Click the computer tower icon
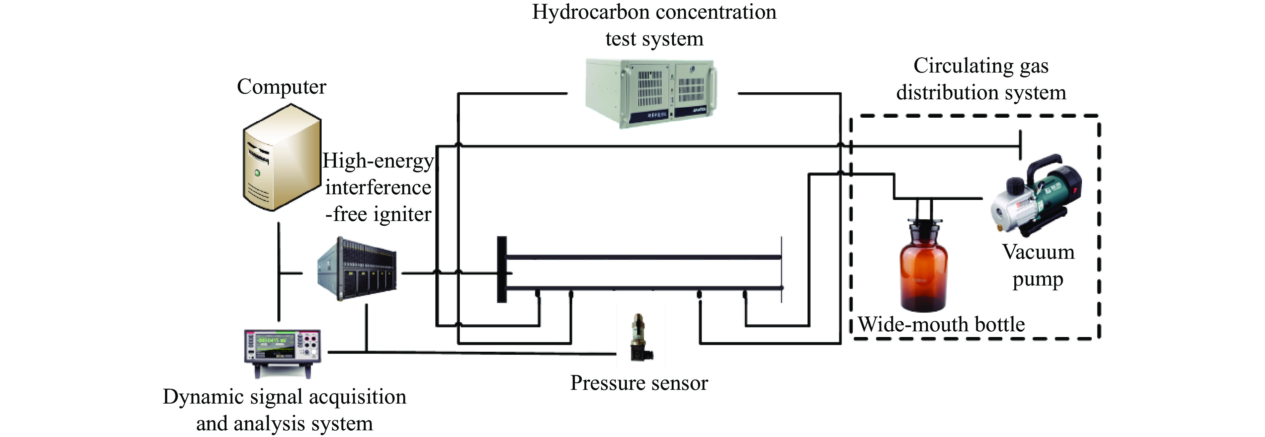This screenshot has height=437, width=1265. tap(281, 158)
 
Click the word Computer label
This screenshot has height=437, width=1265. tap(281, 87)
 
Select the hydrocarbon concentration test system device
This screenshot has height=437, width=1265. tap(651, 93)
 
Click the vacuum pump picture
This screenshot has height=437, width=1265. tap(1036, 196)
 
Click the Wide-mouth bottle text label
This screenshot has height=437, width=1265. tap(941, 325)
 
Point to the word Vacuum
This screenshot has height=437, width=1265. tap(1038, 252)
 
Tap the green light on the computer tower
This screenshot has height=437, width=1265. tap(257, 173)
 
